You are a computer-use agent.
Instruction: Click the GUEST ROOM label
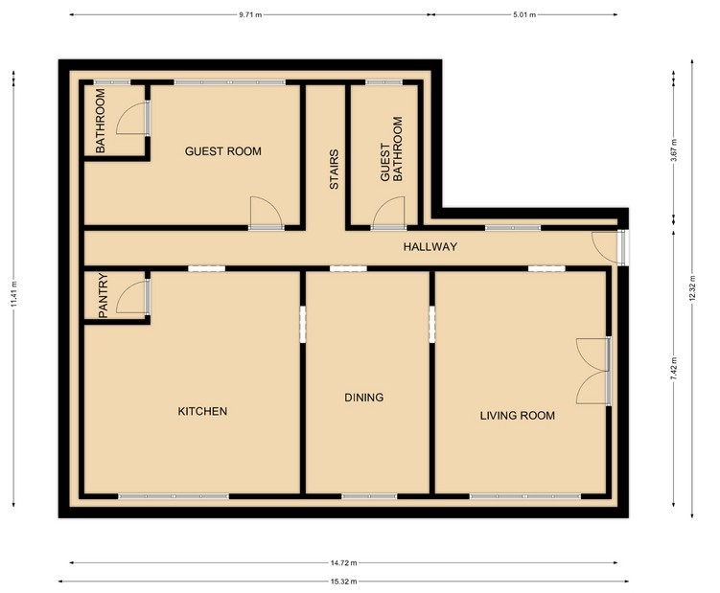click(222, 151)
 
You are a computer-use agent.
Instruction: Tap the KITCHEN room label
click(202, 411)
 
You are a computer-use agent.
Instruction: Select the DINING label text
click(364, 397)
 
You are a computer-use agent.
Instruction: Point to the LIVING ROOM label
click(518, 416)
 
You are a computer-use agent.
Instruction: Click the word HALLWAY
click(430, 247)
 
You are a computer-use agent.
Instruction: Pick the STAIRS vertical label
click(335, 170)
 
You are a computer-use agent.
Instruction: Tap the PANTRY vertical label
click(104, 296)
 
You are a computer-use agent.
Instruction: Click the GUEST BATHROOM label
click(392, 150)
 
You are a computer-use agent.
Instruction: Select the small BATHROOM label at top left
click(99, 121)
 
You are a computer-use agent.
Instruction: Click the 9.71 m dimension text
click(249, 15)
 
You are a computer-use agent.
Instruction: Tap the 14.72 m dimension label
click(344, 563)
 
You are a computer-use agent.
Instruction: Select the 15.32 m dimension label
click(344, 582)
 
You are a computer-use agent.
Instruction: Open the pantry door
click(131, 298)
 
